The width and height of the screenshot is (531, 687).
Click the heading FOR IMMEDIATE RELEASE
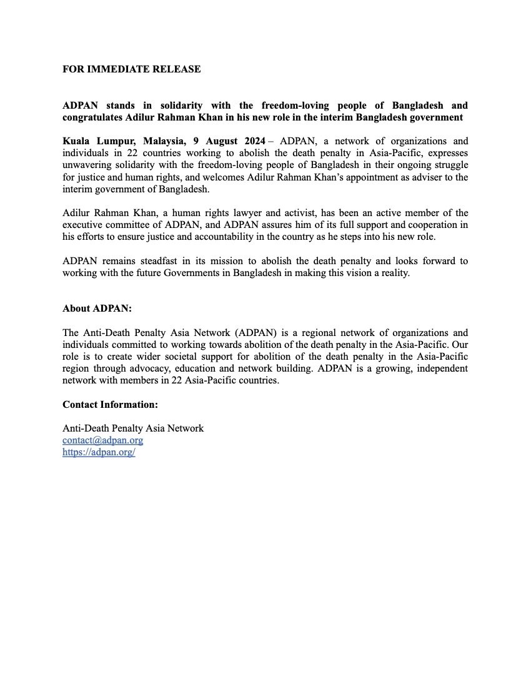[131, 69]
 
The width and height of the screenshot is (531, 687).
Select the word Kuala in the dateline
[77, 141]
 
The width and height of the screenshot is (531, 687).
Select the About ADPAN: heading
[97, 309]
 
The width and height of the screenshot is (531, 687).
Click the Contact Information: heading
[110, 404]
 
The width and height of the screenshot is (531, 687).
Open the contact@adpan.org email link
[102, 440]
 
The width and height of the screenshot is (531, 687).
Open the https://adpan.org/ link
[99, 452]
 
